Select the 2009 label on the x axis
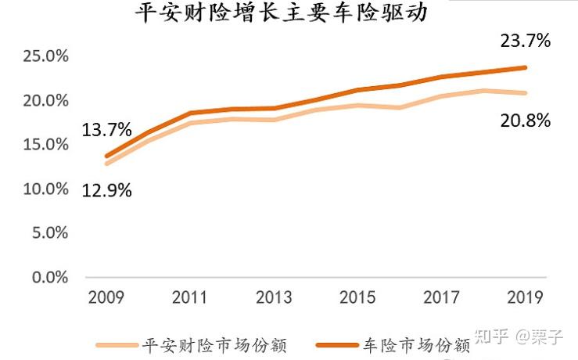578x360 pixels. [107, 298]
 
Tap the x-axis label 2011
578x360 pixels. [189, 298]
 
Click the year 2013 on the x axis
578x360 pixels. [273, 298]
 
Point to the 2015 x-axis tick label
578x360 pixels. [357, 298]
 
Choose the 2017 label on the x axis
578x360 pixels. [441, 298]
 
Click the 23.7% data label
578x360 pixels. [525, 41]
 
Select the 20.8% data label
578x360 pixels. [525, 121]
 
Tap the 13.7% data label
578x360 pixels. [107, 131]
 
